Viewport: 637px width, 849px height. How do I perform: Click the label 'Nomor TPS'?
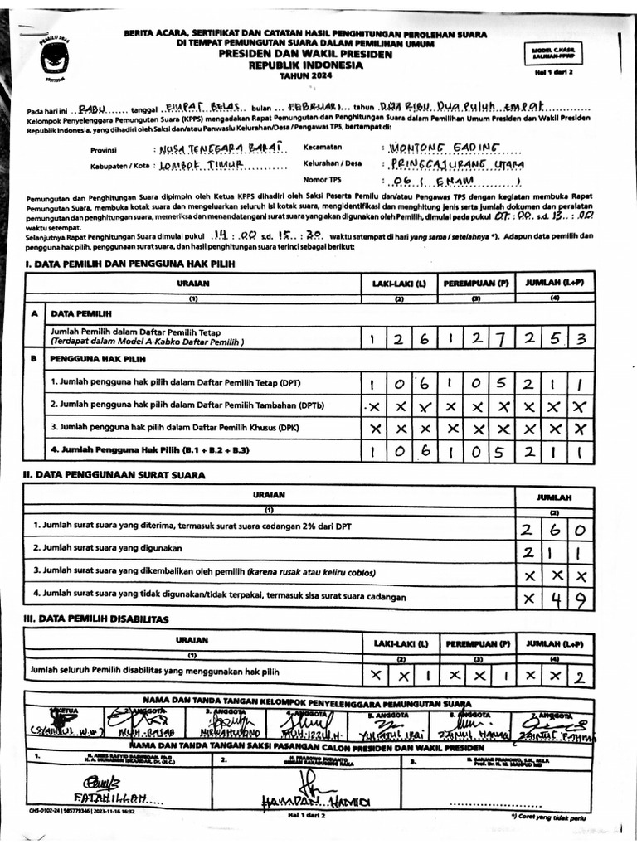click(323, 179)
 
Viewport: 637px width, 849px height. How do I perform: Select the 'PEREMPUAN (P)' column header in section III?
click(477, 643)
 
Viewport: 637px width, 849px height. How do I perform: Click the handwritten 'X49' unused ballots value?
click(553, 597)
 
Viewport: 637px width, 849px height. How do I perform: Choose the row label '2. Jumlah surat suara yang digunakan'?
click(108, 548)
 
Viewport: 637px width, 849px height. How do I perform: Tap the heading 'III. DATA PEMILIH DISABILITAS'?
click(96, 619)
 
